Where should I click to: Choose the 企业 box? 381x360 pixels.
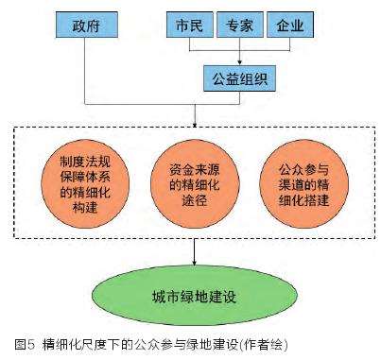click(287, 23)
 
